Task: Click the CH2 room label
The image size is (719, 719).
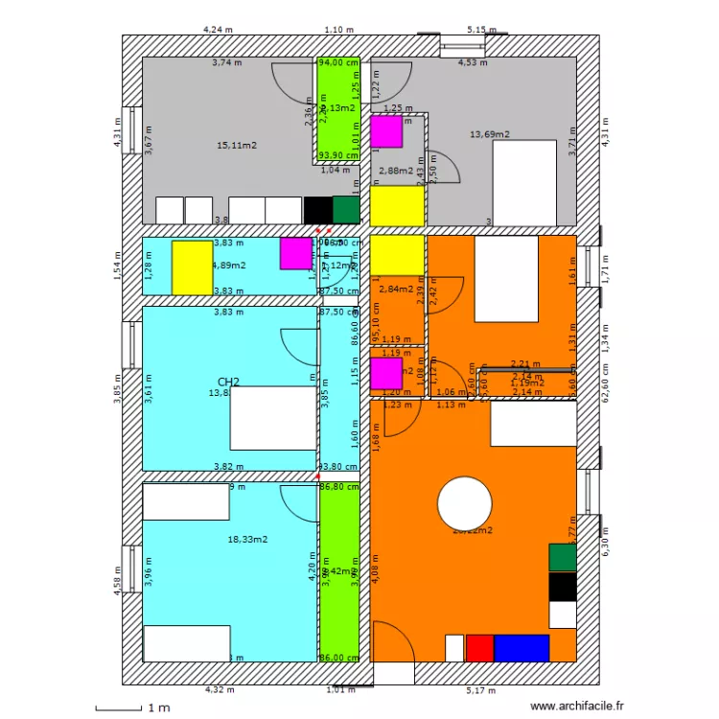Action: point(228,382)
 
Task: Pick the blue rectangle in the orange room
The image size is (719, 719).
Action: point(522,648)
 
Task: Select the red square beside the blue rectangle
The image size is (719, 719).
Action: point(478,648)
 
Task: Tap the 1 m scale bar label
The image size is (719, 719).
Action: point(156,707)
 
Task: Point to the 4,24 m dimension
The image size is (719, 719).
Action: point(218,30)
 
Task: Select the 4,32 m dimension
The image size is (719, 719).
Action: point(220,689)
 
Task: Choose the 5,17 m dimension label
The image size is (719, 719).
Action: point(481,689)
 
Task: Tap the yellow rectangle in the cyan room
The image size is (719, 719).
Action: point(192,267)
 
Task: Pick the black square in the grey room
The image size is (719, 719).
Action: point(317,210)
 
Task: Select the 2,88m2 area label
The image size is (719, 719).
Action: point(396,171)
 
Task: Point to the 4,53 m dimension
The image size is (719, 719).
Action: point(472,63)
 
